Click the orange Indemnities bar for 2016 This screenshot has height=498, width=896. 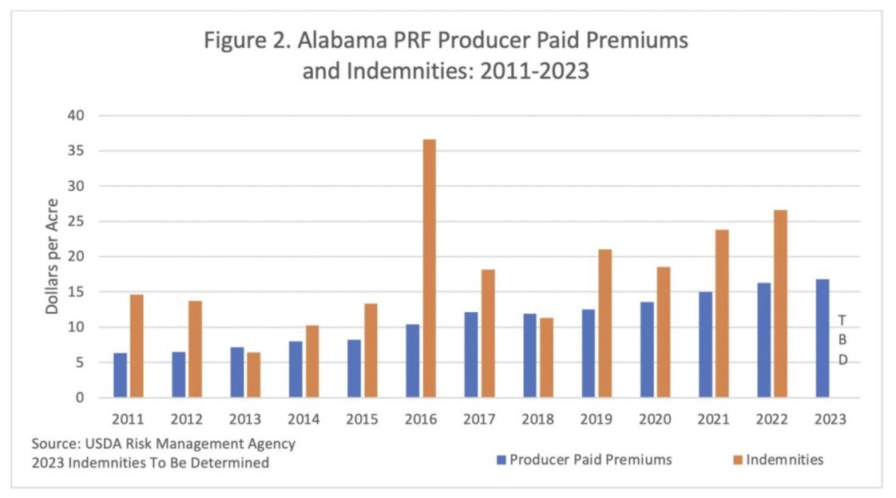430,268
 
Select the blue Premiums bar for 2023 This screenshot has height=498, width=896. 823,338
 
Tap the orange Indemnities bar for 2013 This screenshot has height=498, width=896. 253,375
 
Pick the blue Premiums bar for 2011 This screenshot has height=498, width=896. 120,375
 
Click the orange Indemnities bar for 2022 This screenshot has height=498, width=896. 780,304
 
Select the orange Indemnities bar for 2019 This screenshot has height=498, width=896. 605,323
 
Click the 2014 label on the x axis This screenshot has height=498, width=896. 304,418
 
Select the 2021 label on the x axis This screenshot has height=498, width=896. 713,418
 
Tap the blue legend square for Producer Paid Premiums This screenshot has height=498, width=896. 501,460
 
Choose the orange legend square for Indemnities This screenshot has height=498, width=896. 738,460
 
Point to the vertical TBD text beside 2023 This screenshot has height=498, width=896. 842,340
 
